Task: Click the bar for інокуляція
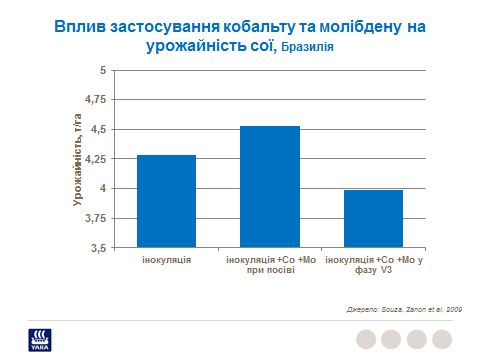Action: point(166,201)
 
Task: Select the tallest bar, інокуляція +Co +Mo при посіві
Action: point(270,187)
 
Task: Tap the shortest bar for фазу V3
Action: point(373,218)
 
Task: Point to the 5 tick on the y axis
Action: point(100,70)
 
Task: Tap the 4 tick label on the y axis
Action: point(100,188)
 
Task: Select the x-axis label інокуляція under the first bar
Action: point(166,259)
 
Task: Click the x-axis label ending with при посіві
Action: point(270,265)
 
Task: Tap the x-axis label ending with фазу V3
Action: point(373,265)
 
